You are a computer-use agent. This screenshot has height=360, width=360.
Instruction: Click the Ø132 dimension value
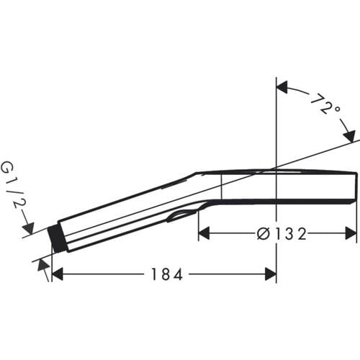[x=282, y=233]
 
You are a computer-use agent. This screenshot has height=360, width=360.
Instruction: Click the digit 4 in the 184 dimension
[x=174, y=274]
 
